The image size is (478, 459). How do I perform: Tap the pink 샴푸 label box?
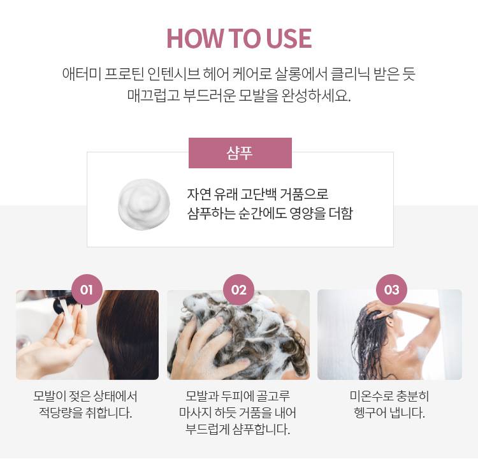coord(240,153)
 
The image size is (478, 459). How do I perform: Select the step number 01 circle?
coord(87,290)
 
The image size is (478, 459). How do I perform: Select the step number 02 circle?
coord(239,290)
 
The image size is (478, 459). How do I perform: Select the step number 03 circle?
coord(391,290)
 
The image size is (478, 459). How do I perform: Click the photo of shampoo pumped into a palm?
coord(87,335)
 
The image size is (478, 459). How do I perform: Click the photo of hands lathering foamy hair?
coord(238,335)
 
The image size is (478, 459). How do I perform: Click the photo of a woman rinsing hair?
coord(389,335)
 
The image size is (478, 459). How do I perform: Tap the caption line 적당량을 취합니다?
coord(86,412)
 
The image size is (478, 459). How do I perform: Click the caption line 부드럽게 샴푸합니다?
coord(238,429)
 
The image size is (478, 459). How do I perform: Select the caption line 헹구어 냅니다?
coord(389,412)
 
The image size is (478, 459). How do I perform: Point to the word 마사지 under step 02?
coord(198,412)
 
